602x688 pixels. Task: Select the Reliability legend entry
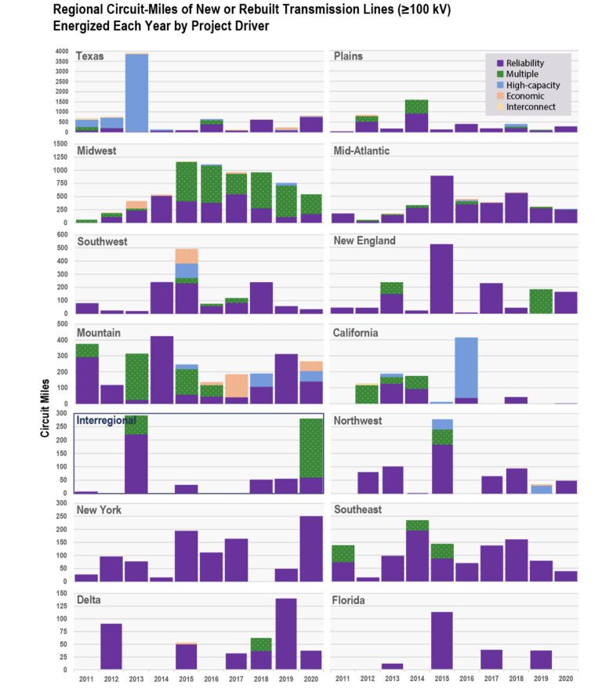[x=524, y=63]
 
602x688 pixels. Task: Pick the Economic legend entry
[x=524, y=95]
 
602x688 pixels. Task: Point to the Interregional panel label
[x=107, y=421]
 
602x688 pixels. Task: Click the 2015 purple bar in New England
[x=441, y=279]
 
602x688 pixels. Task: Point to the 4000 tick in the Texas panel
[x=61, y=52]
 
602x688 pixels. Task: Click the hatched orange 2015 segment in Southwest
[x=186, y=255]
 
